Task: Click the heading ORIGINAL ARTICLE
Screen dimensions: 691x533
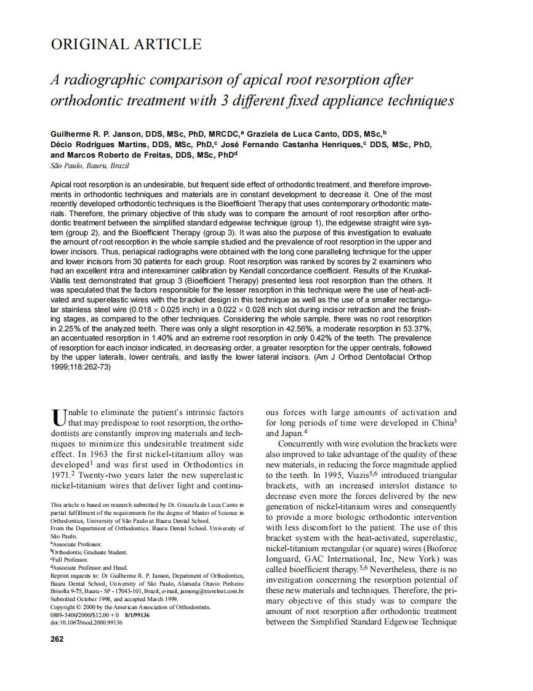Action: (126, 44)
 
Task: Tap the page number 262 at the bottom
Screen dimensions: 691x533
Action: (57, 639)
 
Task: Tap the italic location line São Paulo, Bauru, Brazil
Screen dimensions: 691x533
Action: (89, 166)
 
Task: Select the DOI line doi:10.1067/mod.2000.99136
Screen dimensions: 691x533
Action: (86, 623)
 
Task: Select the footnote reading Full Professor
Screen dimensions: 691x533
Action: (70, 559)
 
